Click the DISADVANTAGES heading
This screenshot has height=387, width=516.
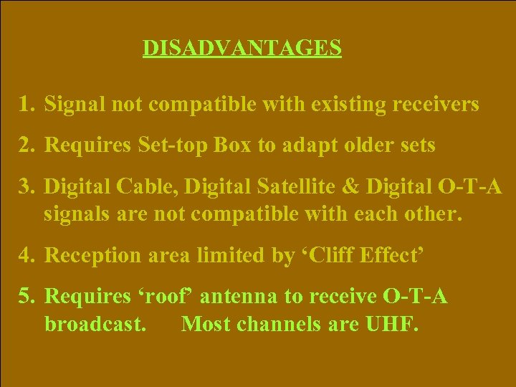pyautogui.click(x=242, y=48)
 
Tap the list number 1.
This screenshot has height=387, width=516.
pyautogui.click(x=27, y=105)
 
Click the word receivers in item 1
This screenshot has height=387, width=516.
pyautogui.click(x=435, y=105)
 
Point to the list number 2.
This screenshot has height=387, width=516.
pyautogui.click(x=27, y=145)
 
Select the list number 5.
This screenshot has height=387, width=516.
pyautogui.click(x=27, y=296)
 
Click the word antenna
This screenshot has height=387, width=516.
pyautogui.click(x=266, y=297)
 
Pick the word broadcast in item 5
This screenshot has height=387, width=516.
pyautogui.click(x=96, y=325)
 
